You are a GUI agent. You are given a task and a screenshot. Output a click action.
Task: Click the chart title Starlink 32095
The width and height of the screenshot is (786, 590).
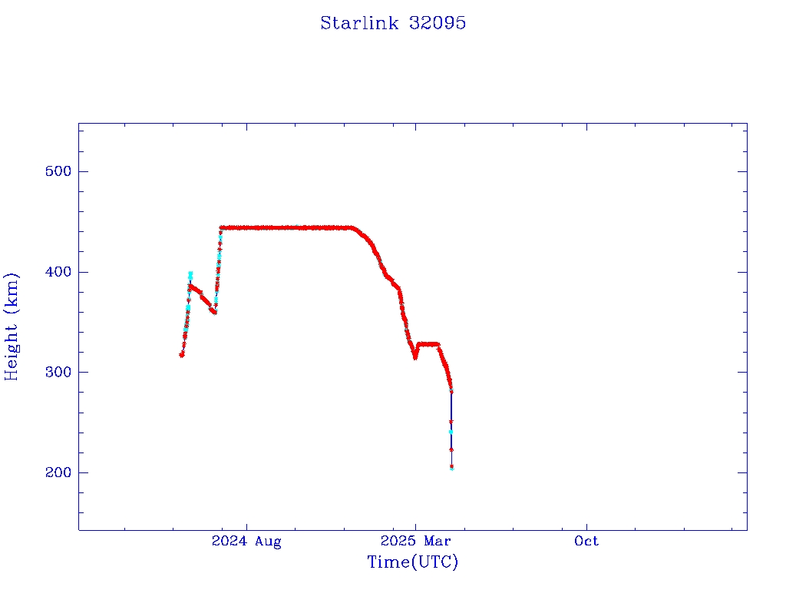click(x=393, y=23)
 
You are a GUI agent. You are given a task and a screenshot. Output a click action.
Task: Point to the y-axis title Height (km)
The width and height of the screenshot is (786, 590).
click(x=12, y=326)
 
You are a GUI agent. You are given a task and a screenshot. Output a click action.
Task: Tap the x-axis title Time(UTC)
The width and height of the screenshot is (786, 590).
click(x=412, y=562)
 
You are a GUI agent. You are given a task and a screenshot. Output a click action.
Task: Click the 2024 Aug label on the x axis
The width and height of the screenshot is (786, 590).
click(x=246, y=542)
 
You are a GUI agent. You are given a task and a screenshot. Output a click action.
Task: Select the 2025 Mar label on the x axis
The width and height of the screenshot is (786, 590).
click(x=415, y=542)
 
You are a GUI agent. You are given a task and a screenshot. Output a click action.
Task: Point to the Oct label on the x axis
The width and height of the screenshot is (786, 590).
click(x=586, y=542)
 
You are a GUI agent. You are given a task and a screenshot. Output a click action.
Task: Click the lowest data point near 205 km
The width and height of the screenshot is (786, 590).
click(x=451, y=466)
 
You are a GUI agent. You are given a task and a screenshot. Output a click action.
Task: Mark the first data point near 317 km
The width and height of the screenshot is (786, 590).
click(x=182, y=354)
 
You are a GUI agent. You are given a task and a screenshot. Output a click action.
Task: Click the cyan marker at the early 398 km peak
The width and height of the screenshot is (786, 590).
click(x=190, y=273)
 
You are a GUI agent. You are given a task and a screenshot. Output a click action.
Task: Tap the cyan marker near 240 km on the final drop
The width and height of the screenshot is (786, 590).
click(x=451, y=432)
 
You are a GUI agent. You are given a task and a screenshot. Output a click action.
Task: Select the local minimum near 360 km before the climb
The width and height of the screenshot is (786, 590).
click(x=214, y=312)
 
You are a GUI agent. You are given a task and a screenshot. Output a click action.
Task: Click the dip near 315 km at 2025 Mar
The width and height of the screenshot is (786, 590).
click(x=414, y=356)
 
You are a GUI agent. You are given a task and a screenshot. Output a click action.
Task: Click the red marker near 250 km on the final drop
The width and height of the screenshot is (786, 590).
click(x=451, y=422)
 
